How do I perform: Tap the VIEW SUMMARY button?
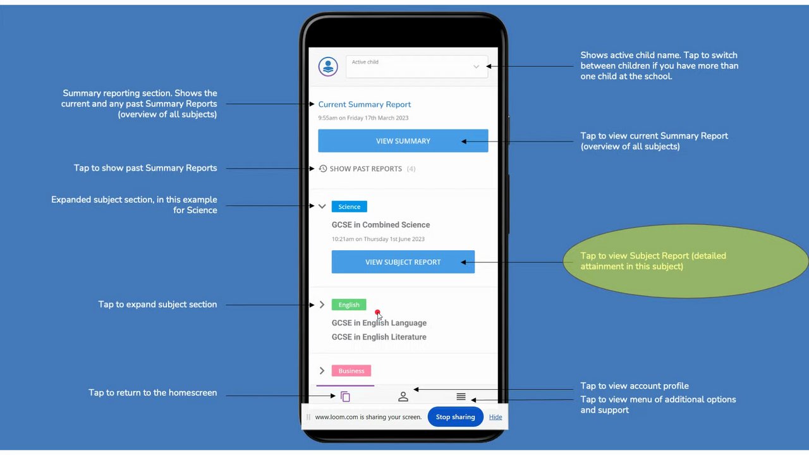pyautogui.click(x=403, y=141)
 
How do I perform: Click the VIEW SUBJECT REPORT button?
pyautogui.click(x=403, y=262)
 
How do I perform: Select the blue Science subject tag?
pyautogui.click(x=349, y=207)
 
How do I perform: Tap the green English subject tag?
pyautogui.click(x=348, y=305)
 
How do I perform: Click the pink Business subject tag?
pyautogui.click(x=351, y=371)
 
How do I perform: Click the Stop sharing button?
pyautogui.click(x=455, y=417)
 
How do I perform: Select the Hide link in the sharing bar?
pyautogui.click(x=496, y=417)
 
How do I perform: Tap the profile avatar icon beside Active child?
pyautogui.click(x=328, y=66)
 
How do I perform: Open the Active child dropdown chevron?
pyautogui.click(x=476, y=66)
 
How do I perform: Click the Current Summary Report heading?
pyautogui.click(x=364, y=104)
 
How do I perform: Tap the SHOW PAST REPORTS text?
pyautogui.click(x=365, y=169)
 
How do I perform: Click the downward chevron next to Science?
pyautogui.click(x=322, y=207)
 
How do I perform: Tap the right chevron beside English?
pyautogui.click(x=322, y=305)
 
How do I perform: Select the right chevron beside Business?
pyautogui.click(x=322, y=371)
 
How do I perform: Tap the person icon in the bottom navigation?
pyautogui.click(x=403, y=397)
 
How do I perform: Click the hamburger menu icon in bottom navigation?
pyautogui.click(x=461, y=397)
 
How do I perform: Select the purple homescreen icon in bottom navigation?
pyautogui.click(x=345, y=397)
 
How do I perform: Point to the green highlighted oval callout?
pyautogui.click(x=686, y=261)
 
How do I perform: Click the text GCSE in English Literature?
pyautogui.click(x=379, y=337)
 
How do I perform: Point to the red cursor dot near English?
pyautogui.click(x=377, y=313)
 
